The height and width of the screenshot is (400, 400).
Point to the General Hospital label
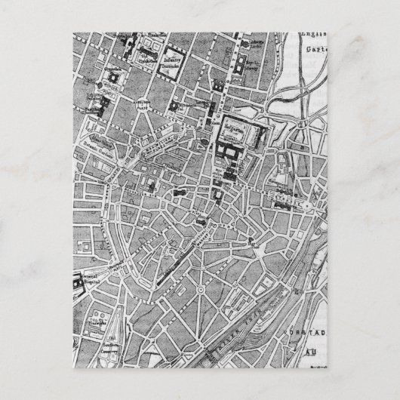(89, 278)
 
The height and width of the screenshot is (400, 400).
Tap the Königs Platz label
(100, 97)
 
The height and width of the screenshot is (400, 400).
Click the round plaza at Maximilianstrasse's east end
(309, 205)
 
